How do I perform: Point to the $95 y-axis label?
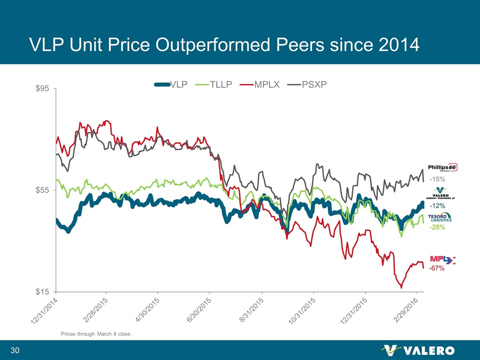tap(41, 88)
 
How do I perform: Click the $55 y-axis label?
tap(41, 190)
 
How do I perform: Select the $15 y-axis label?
tap(41, 291)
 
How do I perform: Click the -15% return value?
tap(437, 179)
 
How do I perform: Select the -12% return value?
tap(437, 205)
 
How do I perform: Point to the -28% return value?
tap(437, 227)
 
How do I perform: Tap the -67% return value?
tap(437, 268)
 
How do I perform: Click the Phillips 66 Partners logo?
tap(442, 167)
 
